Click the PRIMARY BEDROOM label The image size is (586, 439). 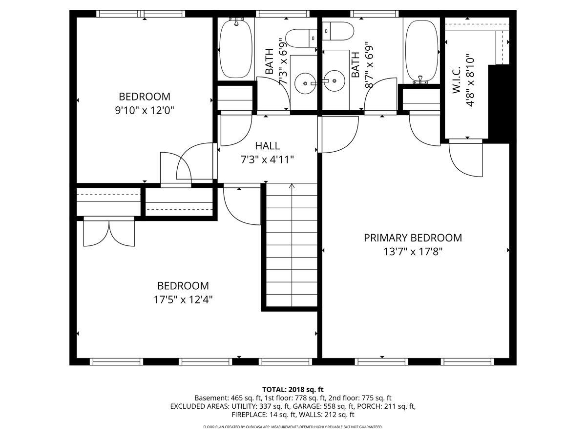coord(413,238)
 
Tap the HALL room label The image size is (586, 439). coord(267,146)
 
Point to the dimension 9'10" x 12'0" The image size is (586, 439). coord(145,111)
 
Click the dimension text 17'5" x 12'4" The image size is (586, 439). coord(183,299)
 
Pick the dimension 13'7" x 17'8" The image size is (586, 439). coord(413,252)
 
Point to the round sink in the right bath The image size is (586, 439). coord(335,83)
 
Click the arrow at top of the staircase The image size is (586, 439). coord(292,186)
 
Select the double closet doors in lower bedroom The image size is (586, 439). coord(109,233)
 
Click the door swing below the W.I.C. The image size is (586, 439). coord(464,159)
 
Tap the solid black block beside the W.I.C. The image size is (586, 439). coord(499,102)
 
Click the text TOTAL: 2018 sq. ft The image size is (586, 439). coord(293,389)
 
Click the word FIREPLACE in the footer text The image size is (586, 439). coord(250,415)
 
